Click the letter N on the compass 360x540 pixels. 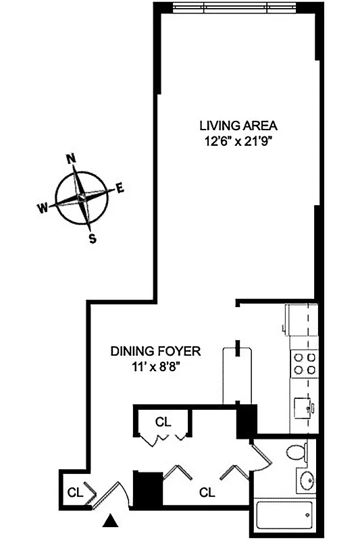click(x=70, y=159)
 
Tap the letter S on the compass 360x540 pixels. click(x=93, y=238)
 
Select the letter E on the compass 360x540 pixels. click(x=121, y=188)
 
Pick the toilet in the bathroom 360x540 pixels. click(x=297, y=452)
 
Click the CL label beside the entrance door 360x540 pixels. click(x=74, y=492)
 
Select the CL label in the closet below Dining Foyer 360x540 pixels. click(x=163, y=422)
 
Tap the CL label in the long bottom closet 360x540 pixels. click(x=207, y=492)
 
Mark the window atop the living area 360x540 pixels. click(x=233, y=7)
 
